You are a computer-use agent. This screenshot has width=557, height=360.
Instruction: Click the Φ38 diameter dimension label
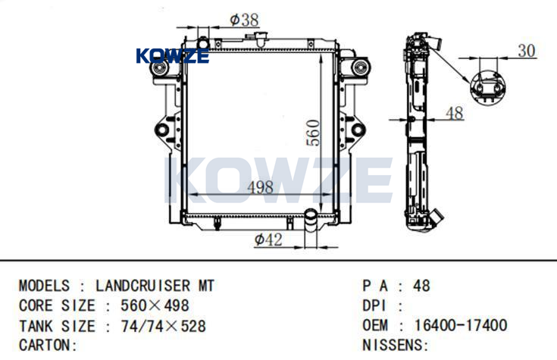click(244, 20)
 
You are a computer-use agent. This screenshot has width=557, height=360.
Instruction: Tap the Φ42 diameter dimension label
click(268, 239)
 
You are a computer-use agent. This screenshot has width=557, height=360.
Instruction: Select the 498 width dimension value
click(261, 187)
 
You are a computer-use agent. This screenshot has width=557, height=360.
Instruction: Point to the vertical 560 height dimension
click(313, 133)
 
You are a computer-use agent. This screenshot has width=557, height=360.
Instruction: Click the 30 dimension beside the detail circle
click(527, 51)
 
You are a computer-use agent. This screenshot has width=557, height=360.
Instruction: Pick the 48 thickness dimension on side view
click(455, 113)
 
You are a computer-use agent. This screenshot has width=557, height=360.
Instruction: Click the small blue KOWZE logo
click(172, 56)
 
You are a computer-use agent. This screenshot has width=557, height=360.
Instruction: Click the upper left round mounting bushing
click(159, 67)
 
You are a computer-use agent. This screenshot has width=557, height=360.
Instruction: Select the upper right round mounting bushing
click(361, 67)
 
